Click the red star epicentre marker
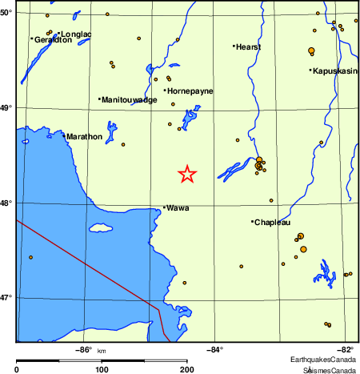coord(186,174)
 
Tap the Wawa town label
coord(178,208)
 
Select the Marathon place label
coord(85,137)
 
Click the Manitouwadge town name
coord(130,100)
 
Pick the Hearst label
coord(248,47)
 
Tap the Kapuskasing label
coord(335,71)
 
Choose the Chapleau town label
coord(272,223)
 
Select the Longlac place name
coord(76,34)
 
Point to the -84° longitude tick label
coord(215,348)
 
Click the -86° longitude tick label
coord(83,348)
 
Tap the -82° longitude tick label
coord(345,348)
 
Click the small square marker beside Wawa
coord(164,208)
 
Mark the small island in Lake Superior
coord(101,228)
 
